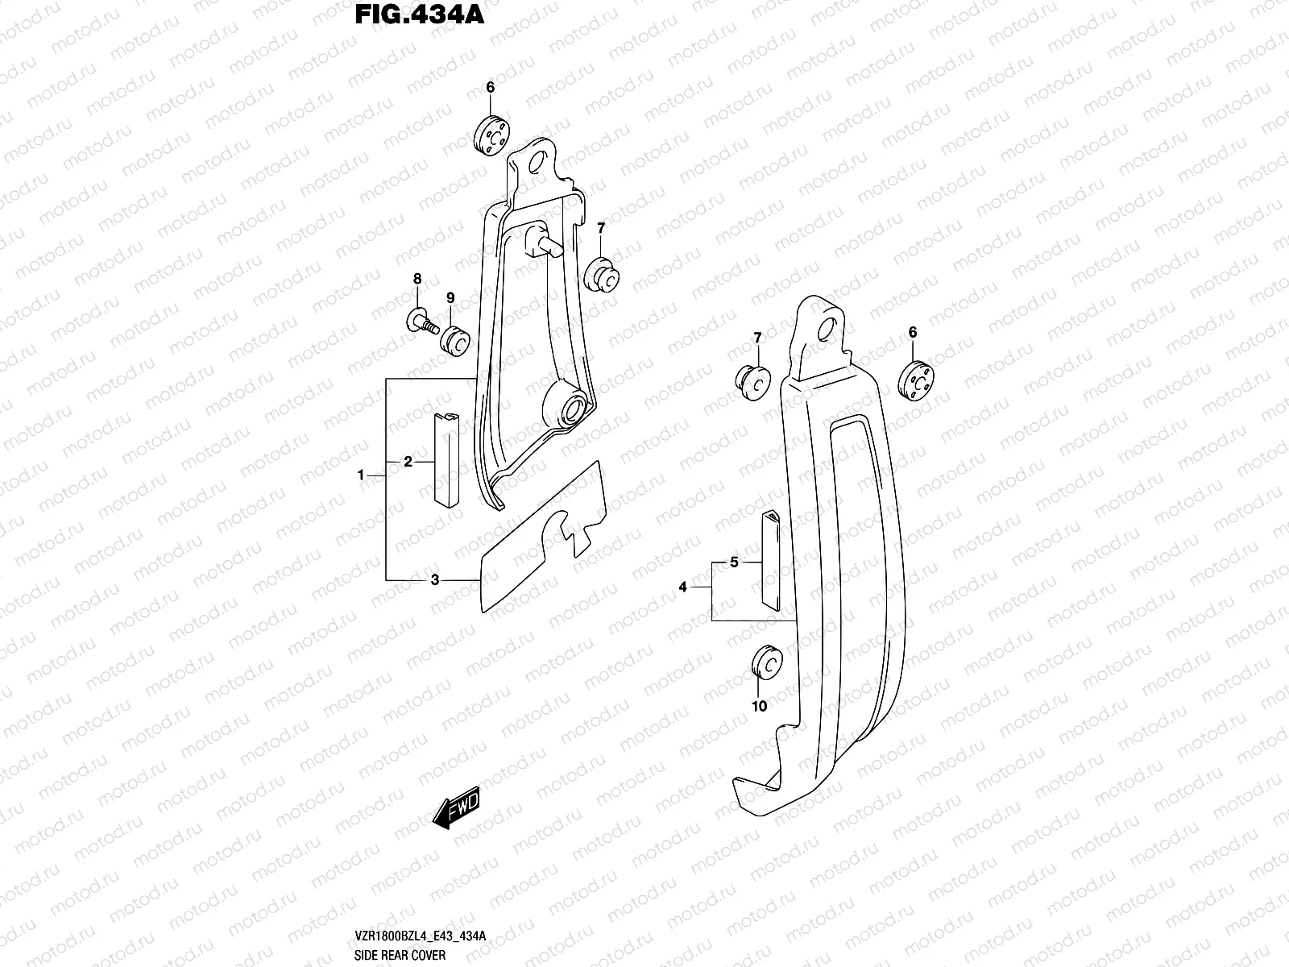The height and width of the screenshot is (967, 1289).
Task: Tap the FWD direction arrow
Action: [457, 807]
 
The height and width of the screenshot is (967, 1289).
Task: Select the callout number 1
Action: [362, 475]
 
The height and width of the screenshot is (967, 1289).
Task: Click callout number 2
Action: [408, 462]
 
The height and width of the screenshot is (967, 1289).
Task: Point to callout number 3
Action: [434, 579]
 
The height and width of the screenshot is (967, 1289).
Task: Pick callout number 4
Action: [682, 587]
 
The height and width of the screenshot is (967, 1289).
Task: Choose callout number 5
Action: [734, 562]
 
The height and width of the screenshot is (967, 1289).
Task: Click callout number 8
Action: [417, 279]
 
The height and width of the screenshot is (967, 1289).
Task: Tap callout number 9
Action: [450, 297]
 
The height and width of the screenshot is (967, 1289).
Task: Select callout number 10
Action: [760, 707]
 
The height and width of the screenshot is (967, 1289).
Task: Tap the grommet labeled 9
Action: [455, 340]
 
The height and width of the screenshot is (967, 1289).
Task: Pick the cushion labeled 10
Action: [765, 664]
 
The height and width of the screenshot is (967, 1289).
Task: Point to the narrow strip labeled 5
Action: [771, 559]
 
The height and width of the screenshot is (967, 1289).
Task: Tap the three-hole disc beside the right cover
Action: [917, 378]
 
